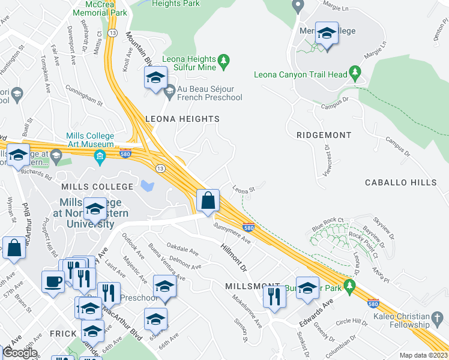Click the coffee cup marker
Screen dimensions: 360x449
pos(53,281)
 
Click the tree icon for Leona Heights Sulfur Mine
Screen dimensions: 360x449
pos(224,60)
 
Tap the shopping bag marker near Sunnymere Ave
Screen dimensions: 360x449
pos(208,200)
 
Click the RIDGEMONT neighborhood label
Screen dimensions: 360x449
pos(324,135)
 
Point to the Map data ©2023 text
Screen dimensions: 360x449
pos(423,355)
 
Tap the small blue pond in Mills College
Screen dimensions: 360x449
pos(146,186)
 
